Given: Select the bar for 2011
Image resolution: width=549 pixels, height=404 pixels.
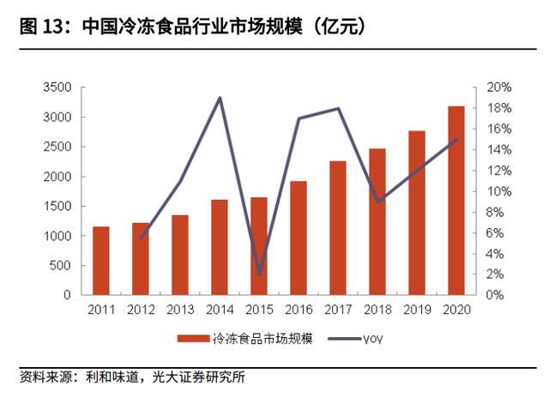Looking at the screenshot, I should coord(101,261).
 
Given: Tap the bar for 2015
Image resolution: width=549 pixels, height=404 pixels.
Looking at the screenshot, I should coord(259,246).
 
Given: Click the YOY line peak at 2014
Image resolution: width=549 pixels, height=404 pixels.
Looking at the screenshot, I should coord(220,98).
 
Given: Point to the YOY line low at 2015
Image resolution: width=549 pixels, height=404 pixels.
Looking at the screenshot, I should coord(259,274).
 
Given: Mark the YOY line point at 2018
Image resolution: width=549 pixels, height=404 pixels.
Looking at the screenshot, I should coord(377,202).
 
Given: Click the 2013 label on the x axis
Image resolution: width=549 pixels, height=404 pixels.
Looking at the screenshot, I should coord(180,310).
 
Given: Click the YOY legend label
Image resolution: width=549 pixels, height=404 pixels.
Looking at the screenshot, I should coord(372,339).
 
